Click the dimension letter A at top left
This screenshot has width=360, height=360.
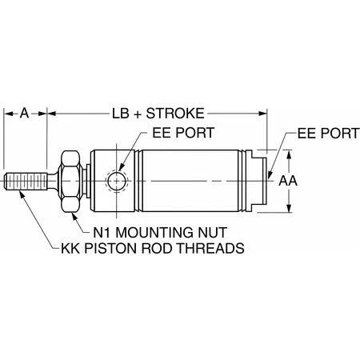pos(26,113)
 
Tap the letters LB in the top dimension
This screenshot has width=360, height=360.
pos(122,113)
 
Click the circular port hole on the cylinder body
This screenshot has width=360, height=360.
pos(118,181)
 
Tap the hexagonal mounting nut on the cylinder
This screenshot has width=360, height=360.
pos(70,181)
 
